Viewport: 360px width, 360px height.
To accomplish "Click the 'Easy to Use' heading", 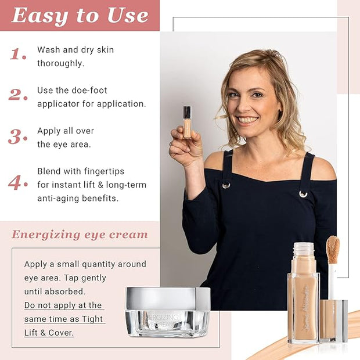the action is pyautogui.click(x=80, y=16).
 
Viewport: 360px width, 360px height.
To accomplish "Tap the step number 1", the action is pyautogui.click(x=18, y=54).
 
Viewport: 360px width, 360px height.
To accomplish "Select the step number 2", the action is pyautogui.click(x=18, y=95).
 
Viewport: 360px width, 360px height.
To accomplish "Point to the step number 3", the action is pyautogui.click(x=17, y=136).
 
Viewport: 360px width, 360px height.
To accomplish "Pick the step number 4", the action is pyautogui.click(x=18, y=182).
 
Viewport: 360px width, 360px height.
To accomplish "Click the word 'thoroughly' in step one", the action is pyautogui.click(x=60, y=63).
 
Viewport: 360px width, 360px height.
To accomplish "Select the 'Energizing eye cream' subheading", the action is pyautogui.click(x=80, y=235).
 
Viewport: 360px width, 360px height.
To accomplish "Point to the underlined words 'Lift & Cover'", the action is pyautogui.click(x=49, y=333).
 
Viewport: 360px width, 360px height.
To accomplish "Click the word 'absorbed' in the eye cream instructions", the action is pyautogui.click(x=64, y=291).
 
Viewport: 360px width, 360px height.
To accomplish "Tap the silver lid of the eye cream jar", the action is pyautogui.click(x=168, y=298).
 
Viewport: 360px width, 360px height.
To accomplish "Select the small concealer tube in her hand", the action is pyautogui.click(x=187, y=122).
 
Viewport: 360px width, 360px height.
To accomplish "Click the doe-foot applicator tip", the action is pyautogui.click(x=333, y=250).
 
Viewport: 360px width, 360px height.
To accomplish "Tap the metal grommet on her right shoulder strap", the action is pyautogui.click(x=226, y=185).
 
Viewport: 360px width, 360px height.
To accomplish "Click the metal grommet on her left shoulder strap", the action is pyautogui.click(x=303, y=194).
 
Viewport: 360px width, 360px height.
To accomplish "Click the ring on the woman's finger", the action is pyautogui.click(x=170, y=144).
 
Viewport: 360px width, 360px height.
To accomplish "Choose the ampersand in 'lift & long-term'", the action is pyautogui.click(x=100, y=185).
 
